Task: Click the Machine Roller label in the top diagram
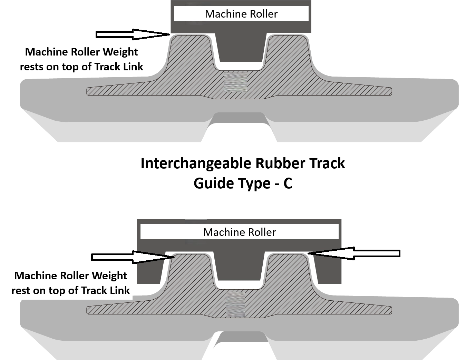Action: (241, 14)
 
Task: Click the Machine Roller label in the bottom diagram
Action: (239, 232)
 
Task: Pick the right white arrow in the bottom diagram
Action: (352, 253)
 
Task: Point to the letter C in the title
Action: (288, 183)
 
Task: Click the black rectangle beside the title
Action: (432, 174)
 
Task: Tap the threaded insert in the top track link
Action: (234, 82)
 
